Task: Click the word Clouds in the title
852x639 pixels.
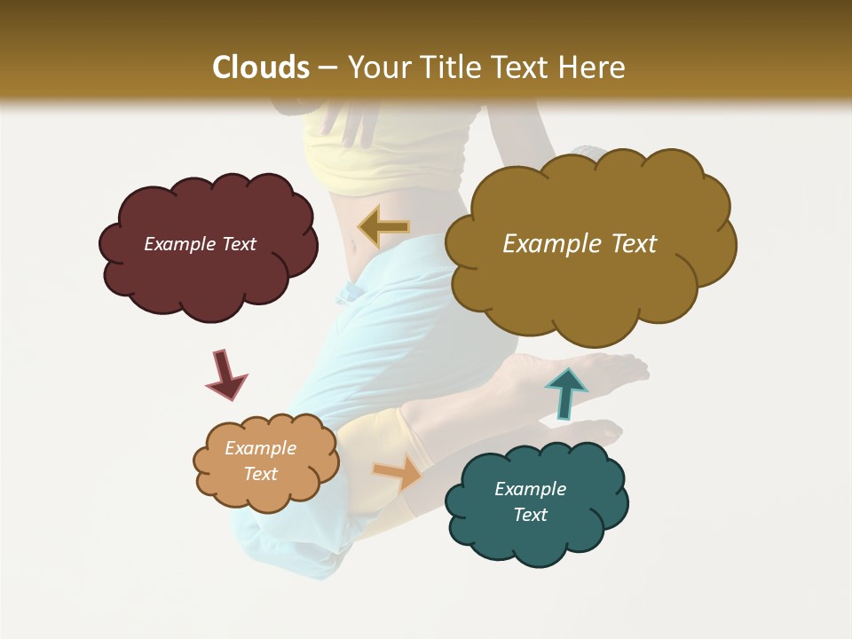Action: click(x=260, y=67)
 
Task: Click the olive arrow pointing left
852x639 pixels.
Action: click(x=384, y=228)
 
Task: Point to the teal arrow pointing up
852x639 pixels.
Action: click(x=565, y=392)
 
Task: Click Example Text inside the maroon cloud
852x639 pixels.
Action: click(x=200, y=244)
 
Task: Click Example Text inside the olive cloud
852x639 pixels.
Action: click(x=580, y=244)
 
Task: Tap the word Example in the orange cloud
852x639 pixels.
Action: click(x=260, y=448)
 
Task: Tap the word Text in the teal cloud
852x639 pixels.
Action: click(x=530, y=515)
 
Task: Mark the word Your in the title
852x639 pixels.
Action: click(x=374, y=67)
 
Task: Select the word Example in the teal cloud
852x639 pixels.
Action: click(x=530, y=489)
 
